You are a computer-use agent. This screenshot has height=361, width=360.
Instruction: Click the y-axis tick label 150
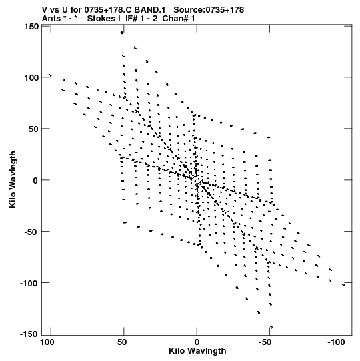31,27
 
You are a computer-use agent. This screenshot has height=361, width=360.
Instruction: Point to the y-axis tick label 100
31,78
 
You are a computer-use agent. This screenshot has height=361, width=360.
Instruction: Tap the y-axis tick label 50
33,129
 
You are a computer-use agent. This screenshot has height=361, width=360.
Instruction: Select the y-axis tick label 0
35,180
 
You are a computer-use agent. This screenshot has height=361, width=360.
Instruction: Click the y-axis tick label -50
31,232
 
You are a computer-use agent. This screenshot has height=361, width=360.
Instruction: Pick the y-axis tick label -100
29,283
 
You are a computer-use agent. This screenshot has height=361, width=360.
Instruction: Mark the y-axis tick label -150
29,334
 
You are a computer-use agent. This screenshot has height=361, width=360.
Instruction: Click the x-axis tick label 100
47,342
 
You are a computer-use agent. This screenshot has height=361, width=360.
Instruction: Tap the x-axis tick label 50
122,342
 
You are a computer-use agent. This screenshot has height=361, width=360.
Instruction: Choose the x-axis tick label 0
197,342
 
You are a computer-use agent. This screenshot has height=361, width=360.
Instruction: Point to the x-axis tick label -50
266,342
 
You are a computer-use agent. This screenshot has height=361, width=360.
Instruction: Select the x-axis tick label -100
336,342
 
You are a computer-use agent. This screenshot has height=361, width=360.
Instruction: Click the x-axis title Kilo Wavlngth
197,351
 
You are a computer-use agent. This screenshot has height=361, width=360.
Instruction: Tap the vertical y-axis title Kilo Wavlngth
13,179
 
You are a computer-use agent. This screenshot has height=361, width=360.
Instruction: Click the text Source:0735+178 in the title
209,10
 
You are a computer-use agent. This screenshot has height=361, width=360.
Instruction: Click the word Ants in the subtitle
51,19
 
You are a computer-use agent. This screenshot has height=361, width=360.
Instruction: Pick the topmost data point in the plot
122,33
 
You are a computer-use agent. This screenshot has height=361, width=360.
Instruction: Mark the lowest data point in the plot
272,327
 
